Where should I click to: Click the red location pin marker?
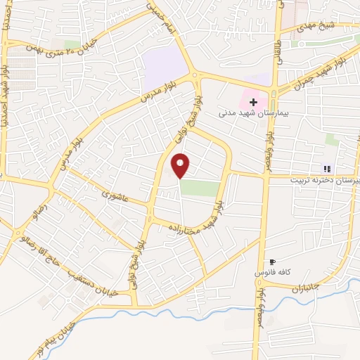(181, 165)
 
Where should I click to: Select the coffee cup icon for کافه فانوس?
(273, 262)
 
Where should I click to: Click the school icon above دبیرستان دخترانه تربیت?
(326, 168)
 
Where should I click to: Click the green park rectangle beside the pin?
(199, 187)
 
